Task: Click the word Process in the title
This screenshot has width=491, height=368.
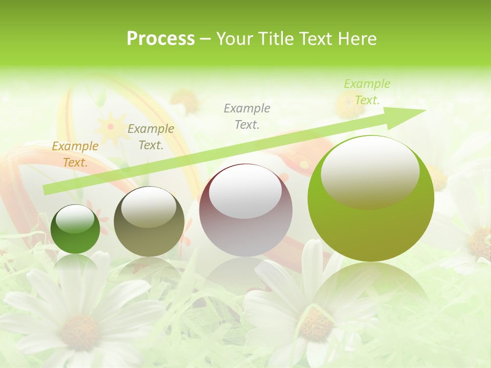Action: tap(161, 39)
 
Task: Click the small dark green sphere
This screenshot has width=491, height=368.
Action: tap(75, 229)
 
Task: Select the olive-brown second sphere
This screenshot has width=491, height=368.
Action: tap(149, 221)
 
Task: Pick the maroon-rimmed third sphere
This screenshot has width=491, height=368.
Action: tap(245, 211)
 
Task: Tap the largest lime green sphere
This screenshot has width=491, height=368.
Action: tap(371, 199)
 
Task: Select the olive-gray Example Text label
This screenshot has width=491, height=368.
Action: tap(151, 137)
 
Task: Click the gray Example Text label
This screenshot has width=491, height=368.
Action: tap(247, 116)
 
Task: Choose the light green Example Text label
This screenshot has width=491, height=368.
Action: tap(367, 92)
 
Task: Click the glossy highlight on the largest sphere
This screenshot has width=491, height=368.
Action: tap(370, 171)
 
